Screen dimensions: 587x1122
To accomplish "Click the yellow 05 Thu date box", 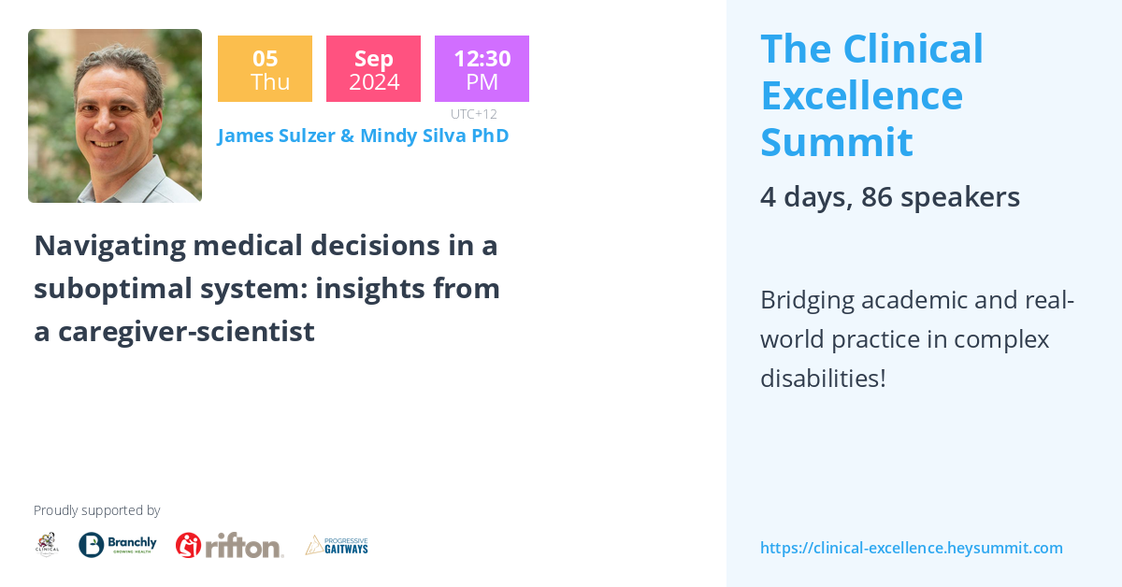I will click(265, 69).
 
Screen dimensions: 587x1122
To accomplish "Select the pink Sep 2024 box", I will click(373, 69).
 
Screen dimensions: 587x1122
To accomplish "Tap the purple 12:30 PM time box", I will click(482, 69).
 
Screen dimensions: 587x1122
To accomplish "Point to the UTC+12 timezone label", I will click(473, 114).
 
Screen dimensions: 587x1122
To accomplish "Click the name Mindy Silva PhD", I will click(434, 136).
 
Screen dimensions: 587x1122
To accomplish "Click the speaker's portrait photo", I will click(115, 116).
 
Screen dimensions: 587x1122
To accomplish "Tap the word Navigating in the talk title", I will click(108, 246).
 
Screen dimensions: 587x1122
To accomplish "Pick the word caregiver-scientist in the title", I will click(186, 332).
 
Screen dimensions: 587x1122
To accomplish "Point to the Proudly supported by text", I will click(96, 510).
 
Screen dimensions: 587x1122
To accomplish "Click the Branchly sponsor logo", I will click(118, 545).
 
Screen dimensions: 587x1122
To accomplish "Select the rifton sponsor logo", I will click(229, 545).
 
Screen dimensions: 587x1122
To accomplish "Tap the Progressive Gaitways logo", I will click(337, 545).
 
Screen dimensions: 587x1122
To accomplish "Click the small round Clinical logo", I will click(47, 545).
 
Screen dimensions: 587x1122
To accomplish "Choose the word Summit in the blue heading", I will click(836, 142).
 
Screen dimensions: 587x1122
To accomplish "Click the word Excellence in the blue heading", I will click(861, 95).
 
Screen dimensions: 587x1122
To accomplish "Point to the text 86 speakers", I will click(940, 197).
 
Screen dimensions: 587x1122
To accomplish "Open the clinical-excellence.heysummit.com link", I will click(911, 548).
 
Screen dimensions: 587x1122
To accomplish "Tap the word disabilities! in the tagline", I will click(822, 379).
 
